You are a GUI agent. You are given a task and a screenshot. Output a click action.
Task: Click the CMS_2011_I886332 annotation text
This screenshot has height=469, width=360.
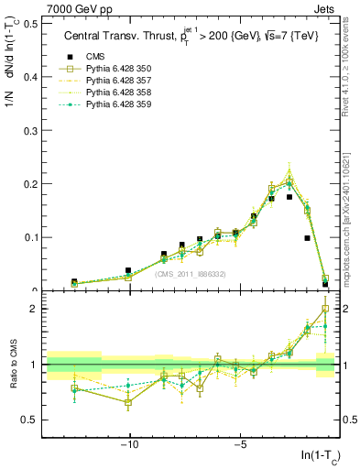[x=190, y=274]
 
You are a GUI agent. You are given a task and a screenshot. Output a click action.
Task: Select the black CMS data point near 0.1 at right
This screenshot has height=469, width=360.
[x=308, y=238]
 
